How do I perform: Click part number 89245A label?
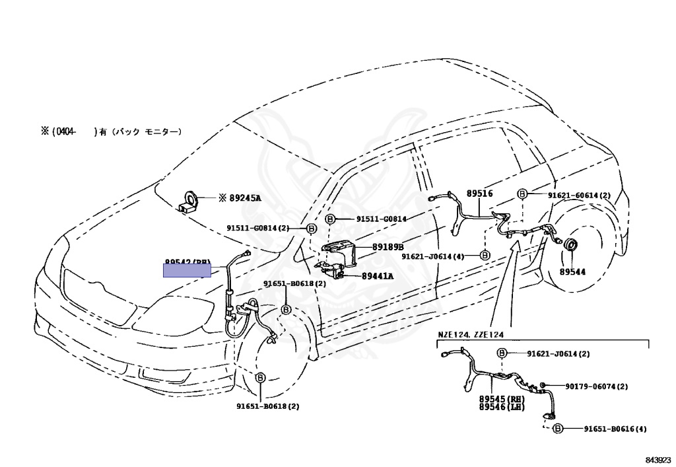(x=245, y=198)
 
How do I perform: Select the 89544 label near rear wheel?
(x=572, y=271)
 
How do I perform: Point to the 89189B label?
(x=388, y=246)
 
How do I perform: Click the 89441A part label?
(x=377, y=276)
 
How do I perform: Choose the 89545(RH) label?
(x=502, y=399)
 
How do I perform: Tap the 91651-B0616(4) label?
(x=615, y=429)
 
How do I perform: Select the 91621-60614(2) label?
(x=579, y=195)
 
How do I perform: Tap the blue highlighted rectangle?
(x=187, y=269)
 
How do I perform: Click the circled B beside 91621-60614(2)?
(x=522, y=194)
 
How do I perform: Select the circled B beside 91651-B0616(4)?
(x=558, y=429)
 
